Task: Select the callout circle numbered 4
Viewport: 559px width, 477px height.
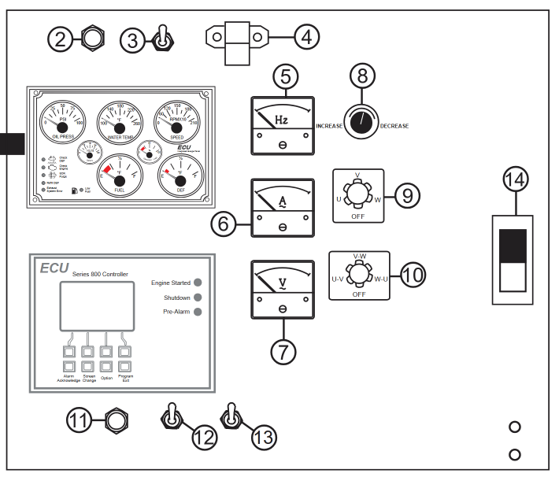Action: [x=305, y=36]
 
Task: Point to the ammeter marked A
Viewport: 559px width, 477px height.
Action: [x=282, y=207]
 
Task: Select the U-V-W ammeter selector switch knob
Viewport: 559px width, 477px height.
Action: [x=358, y=195]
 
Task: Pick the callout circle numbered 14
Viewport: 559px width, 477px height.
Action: [x=516, y=180]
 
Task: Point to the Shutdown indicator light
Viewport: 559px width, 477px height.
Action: [x=197, y=297]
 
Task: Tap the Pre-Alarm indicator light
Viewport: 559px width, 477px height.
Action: [x=197, y=312]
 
